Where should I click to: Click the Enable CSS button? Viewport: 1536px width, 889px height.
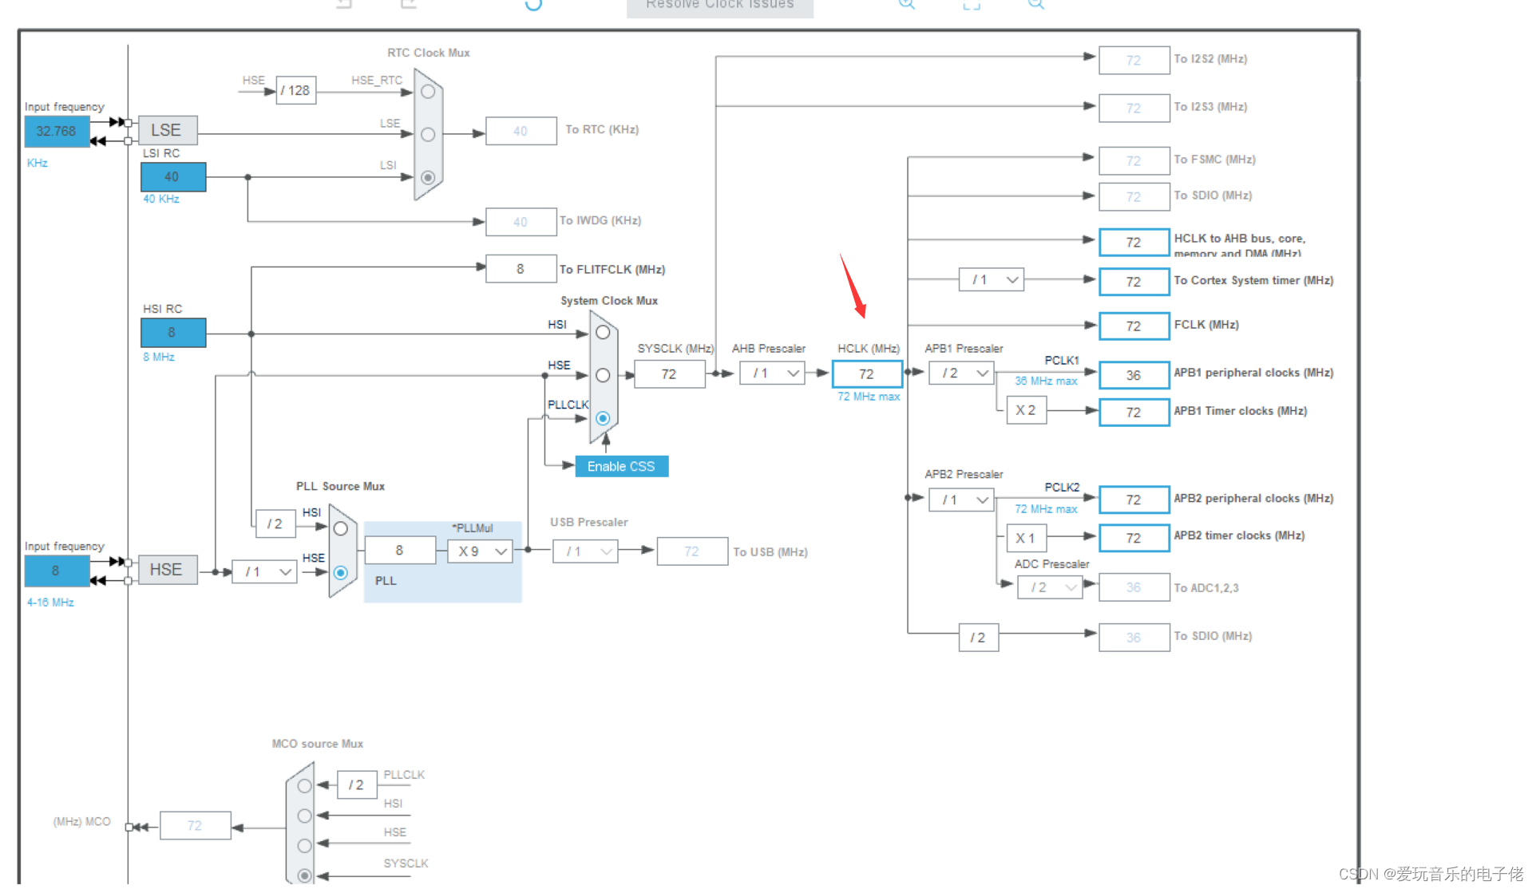(621, 466)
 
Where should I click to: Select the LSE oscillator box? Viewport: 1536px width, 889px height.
(167, 130)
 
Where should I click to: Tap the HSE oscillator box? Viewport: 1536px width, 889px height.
(167, 570)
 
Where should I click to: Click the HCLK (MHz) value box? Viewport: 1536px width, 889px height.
(867, 373)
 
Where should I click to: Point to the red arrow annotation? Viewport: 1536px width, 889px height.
(853, 286)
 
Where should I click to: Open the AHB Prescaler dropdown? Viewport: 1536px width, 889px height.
(772, 373)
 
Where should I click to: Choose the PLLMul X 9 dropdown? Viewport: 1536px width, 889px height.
(480, 551)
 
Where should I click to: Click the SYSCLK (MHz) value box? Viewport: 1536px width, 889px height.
(669, 373)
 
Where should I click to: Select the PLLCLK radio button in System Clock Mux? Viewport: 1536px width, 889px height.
(603, 418)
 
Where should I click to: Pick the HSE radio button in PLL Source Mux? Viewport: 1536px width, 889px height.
(341, 572)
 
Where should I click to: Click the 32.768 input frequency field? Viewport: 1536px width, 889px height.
(57, 131)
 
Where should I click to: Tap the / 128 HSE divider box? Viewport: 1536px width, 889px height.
(296, 90)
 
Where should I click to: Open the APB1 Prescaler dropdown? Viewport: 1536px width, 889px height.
(961, 373)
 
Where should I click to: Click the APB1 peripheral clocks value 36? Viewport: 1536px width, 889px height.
(1134, 375)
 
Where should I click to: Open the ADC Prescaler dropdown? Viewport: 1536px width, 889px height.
(1050, 587)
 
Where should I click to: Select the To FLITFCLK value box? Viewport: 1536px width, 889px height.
(521, 269)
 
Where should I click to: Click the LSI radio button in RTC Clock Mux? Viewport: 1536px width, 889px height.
(428, 177)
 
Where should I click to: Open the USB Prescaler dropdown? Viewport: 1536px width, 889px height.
(585, 551)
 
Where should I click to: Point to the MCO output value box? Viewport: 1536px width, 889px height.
(195, 825)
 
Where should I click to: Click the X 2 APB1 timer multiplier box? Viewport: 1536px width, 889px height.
(1026, 410)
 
